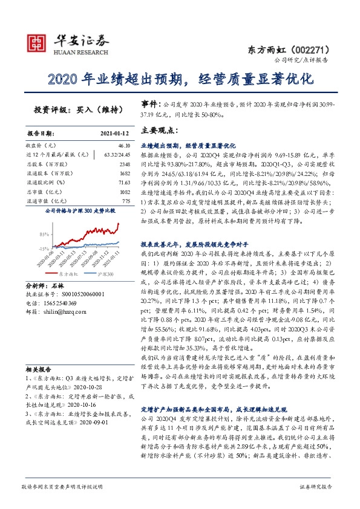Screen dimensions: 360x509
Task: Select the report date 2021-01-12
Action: click(114, 133)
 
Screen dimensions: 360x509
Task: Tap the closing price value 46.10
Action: click(124, 146)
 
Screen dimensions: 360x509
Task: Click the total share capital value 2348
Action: click(124, 164)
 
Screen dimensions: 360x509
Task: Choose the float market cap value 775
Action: click(125, 200)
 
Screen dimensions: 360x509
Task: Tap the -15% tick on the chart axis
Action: click(43, 248)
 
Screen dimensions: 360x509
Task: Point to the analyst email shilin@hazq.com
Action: click(59, 311)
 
